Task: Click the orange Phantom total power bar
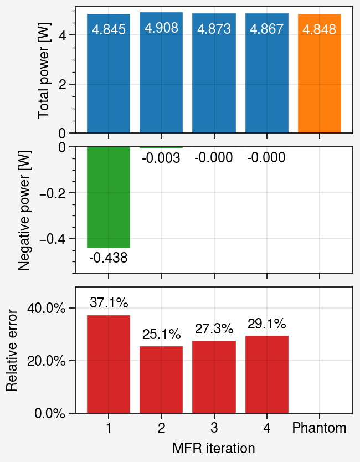click(320, 73)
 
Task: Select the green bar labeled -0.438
click(109, 197)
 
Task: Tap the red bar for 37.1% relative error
click(109, 364)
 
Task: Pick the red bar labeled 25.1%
click(161, 380)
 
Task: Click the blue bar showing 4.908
click(161, 73)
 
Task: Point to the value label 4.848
click(320, 30)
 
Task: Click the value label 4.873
click(214, 29)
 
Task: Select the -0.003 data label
click(161, 158)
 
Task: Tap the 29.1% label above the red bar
click(266, 324)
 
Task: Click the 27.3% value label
click(214, 329)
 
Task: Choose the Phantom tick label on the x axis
click(320, 428)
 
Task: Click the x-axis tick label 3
click(214, 428)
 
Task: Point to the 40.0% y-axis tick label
click(46, 308)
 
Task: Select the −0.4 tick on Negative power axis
click(52, 239)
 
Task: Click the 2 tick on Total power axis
click(62, 84)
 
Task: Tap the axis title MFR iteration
click(214, 448)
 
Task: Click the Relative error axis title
click(12, 350)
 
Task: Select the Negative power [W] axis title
click(24, 210)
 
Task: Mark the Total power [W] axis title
click(44, 71)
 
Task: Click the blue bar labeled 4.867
click(266, 73)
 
